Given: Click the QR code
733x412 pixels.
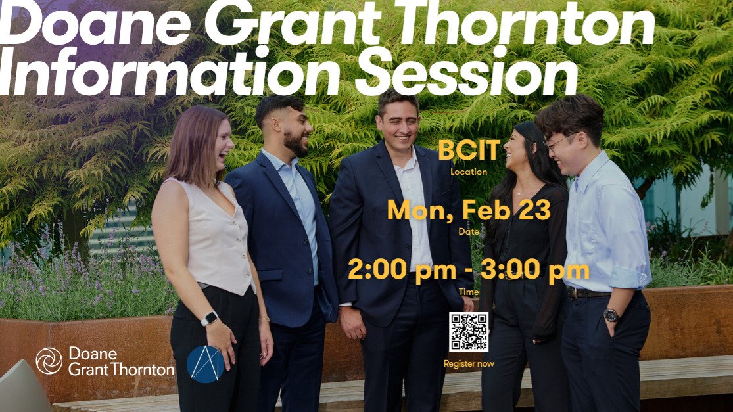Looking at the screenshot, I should click(469, 332).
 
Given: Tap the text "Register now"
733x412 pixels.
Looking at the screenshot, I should click(469, 363).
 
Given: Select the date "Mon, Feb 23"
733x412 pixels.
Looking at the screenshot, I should click(468, 210).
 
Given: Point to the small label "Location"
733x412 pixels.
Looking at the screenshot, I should click(469, 172).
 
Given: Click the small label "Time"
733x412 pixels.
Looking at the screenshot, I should click(469, 292).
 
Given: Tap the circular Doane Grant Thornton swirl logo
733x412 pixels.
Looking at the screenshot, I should click(49, 361).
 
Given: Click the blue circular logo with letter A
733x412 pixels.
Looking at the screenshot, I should click(205, 363).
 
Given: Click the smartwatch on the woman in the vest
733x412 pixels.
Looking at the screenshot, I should click(209, 319).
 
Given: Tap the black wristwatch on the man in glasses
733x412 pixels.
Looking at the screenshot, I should click(611, 315).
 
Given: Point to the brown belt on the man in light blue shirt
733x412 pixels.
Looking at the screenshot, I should click(588, 293).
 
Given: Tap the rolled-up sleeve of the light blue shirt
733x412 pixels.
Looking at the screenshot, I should click(630, 276).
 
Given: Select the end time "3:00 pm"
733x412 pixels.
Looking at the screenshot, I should click(539, 270).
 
